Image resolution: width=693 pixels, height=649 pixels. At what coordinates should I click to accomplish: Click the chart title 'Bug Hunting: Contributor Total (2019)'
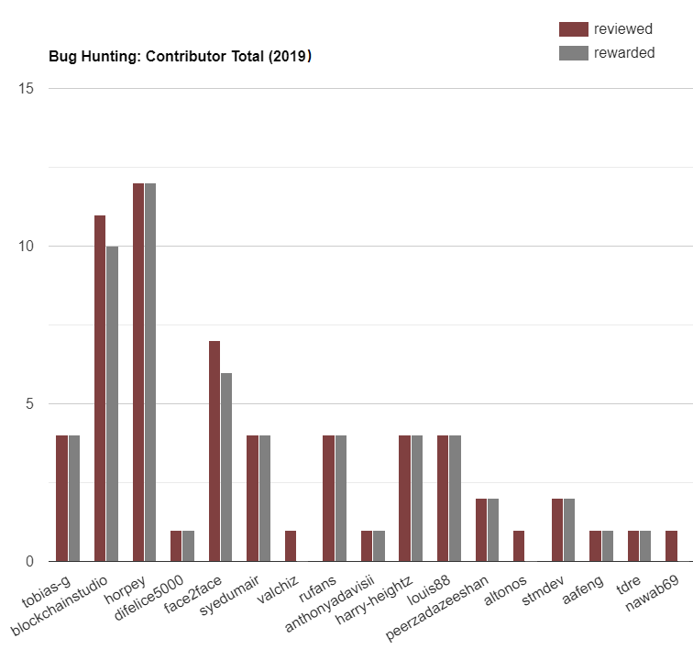click(180, 57)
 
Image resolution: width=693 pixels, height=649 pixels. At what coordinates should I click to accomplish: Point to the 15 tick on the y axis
click(27, 89)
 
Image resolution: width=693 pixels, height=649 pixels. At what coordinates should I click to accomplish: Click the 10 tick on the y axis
click(27, 247)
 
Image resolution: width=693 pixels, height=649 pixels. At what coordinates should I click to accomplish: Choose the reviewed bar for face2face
click(214, 451)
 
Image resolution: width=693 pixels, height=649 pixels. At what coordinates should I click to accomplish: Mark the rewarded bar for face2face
click(226, 467)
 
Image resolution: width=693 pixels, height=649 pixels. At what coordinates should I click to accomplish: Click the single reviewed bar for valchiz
click(291, 545)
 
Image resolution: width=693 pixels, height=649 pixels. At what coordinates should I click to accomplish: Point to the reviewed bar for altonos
click(520, 545)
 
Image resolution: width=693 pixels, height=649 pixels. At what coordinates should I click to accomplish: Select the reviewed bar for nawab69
click(672, 545)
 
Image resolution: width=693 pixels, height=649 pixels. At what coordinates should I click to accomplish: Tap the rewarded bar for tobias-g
click(74, 498)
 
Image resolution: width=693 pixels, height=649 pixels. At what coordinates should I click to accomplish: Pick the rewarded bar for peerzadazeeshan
click(493, 530)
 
